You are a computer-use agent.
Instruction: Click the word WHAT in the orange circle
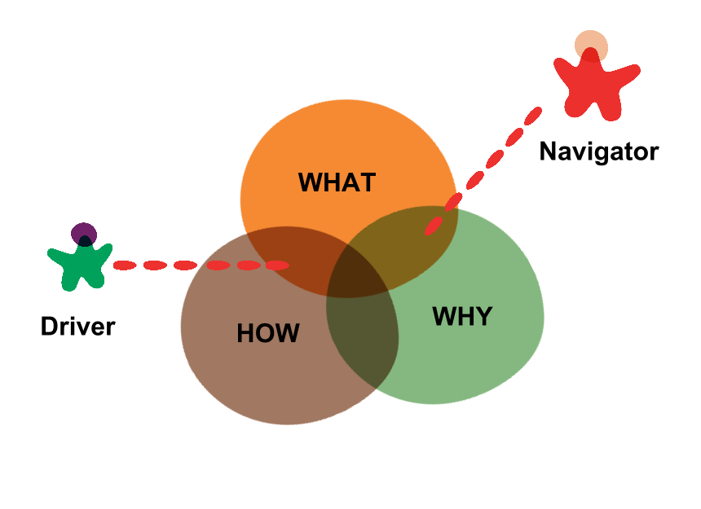pyautogui.click(x=337, y=182)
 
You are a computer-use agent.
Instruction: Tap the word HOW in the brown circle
pyautogui.click(x=268, y=333)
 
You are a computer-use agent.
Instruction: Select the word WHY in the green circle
pyautogui.click(x=462, y=316)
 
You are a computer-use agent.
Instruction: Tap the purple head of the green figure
pyautogui.click(x=84, y=235)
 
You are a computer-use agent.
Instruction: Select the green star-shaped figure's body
pyautogui.click(x=82, y=265)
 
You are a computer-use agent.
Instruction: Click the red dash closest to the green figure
pyautogui.click(x=125, y=265)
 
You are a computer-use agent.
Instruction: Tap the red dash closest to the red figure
pyautogui.click(x=533, y=116)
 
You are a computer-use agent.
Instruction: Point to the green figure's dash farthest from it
pyautogui.click(x=277, y=265)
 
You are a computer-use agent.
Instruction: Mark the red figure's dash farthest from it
pyautogui.click(x=434, y=225)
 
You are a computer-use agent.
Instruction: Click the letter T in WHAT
pyautogui.click(x=367, y=182)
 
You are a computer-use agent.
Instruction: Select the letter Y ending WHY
pyautogui.click(x=483, y=316)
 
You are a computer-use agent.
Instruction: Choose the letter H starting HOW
pyautogui.click(x=245, y=333)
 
